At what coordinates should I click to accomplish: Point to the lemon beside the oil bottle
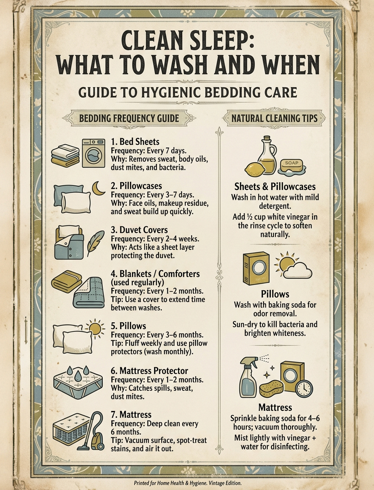[x=255, y=170]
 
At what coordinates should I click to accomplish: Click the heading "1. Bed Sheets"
[x=135, y=141]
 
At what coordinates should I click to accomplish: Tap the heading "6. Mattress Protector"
[x=149, y=371]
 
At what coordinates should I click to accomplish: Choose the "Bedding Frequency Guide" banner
[x=129, y=118]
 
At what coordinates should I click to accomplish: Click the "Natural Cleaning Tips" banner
[x=274, y=118]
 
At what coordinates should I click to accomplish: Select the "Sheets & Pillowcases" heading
[x=275, y=186]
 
